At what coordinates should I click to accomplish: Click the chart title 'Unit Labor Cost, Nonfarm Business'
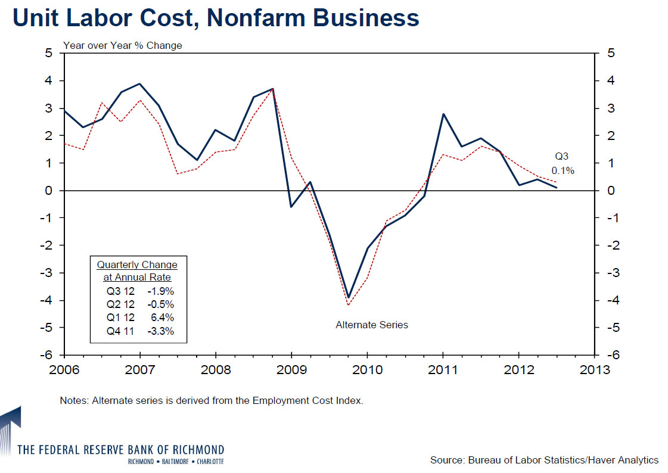pos(216,18)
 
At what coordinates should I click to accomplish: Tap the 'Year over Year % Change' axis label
pos(122,45)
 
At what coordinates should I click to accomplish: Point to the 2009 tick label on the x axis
pos(291,369)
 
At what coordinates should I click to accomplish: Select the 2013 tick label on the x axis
pos(594,369)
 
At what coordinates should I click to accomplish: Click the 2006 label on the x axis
pos(64,369)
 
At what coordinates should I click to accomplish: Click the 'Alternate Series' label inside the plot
pos(372,325)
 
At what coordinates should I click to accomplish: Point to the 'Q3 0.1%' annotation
pos(562,163)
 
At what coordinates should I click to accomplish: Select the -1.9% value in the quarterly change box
pos(161,291)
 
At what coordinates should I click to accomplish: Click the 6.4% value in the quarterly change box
pos(163,318)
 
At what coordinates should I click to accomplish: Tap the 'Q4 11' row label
pos(121,331)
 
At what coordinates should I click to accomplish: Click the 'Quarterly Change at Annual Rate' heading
pos(137,270)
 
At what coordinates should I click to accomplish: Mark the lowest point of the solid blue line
pos(349,297)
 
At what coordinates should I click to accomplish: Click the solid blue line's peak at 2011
pos(443,114)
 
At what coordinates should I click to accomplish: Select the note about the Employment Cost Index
pos(212,400)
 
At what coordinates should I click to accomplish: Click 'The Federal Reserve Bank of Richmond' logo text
pos(121,449)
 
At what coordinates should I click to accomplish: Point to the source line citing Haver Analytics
pos(544,460)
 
